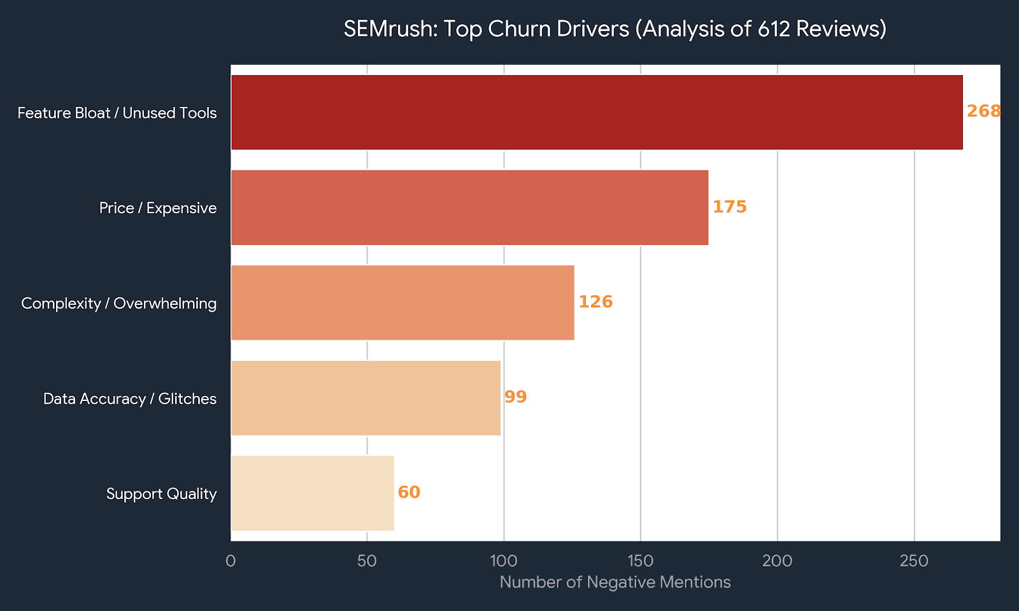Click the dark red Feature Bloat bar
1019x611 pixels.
point(597,112)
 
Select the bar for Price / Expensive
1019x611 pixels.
point(469,207)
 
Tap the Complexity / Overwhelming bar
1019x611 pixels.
point(403,302)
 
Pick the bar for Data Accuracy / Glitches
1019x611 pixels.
point(366,398)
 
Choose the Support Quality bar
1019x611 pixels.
point(312,493)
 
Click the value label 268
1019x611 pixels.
point(983,111)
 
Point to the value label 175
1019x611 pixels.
point(729,207)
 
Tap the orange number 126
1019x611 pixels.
point(595,302)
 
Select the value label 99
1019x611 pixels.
point(515,397)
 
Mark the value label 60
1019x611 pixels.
point(409,493)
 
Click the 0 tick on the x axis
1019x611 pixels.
point(231,561)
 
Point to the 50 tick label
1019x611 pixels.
point(367,561)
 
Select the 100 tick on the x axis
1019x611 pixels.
point(504,561)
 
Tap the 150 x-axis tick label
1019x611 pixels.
point(641,561)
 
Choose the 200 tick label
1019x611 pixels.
point(777,561)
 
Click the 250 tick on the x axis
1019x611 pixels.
point(914,561)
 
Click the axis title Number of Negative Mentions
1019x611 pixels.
point(615,582)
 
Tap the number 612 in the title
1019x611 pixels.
point(774,29)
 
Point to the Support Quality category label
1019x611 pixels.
point(161,494)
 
